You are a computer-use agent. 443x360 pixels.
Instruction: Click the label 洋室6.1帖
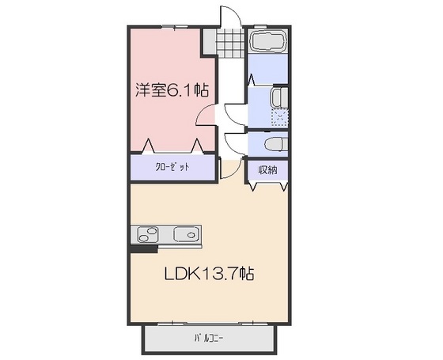[170, 90]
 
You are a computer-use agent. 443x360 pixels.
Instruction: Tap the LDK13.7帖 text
[209, 275]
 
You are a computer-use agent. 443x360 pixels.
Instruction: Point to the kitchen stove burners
[148, 235]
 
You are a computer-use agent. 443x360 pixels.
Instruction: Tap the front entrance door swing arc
[229, 17]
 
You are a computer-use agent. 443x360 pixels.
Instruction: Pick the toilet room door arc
[236, 142]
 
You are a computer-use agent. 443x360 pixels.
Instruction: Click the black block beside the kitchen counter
[142, 248]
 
